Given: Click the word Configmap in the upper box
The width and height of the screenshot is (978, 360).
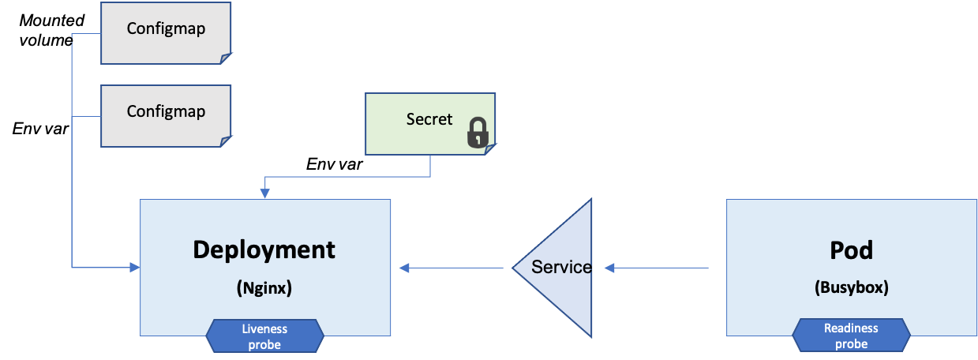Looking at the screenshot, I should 166,28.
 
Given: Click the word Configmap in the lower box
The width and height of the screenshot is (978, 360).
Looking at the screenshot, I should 166,111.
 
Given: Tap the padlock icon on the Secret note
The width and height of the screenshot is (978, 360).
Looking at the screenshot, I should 477,133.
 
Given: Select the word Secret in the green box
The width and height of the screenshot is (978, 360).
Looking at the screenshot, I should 429,119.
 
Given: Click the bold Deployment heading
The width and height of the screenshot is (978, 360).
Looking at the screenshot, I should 264,249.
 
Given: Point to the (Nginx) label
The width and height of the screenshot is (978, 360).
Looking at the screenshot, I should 264,288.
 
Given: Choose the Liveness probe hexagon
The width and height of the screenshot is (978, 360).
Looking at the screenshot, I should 264,336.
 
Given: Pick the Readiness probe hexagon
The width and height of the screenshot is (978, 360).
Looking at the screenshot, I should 851,336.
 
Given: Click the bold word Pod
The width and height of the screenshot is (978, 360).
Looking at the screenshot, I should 851,250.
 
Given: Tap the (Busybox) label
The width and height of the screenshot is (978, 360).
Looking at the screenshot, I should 851,288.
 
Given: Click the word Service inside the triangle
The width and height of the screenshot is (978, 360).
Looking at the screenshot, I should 561,267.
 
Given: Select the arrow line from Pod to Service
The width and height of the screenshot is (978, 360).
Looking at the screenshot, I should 663,268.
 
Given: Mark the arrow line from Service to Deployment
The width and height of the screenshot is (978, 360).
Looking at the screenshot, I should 454,268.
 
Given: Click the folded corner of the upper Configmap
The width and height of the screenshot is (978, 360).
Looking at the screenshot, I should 226,58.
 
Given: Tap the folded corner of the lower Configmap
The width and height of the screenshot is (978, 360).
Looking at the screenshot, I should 226,141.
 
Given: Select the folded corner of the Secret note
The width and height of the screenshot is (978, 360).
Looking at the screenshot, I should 490,149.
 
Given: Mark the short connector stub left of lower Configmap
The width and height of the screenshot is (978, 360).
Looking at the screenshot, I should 86,117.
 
